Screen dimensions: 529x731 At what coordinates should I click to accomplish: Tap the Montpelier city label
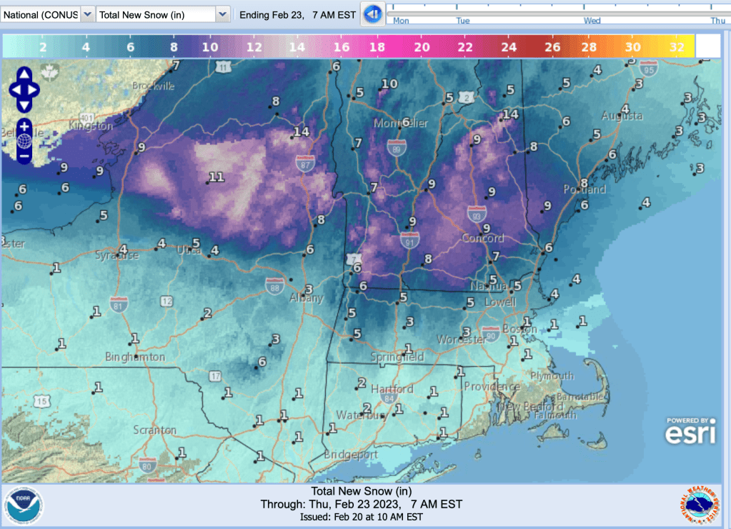coord(401,124)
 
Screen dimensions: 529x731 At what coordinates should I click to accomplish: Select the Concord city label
coord(483,238)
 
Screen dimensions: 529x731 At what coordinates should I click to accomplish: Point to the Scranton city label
coord(154,430)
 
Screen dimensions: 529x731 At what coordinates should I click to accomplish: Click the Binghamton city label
coord(134,356)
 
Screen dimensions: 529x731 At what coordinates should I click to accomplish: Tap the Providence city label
coord(492,386)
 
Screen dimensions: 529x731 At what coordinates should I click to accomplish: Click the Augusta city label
coord(622,115)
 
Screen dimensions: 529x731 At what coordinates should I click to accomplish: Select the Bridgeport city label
coord(350,454)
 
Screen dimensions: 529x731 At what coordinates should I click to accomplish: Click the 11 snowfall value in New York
coord(217,177)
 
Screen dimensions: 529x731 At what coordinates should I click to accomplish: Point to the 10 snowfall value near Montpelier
coord(389,84)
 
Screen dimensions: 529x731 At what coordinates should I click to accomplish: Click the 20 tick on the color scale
coord(422,47)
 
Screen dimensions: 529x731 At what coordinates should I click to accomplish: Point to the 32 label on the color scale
coord(677,47)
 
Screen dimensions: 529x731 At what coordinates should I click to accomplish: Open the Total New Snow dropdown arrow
coord(222,14)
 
